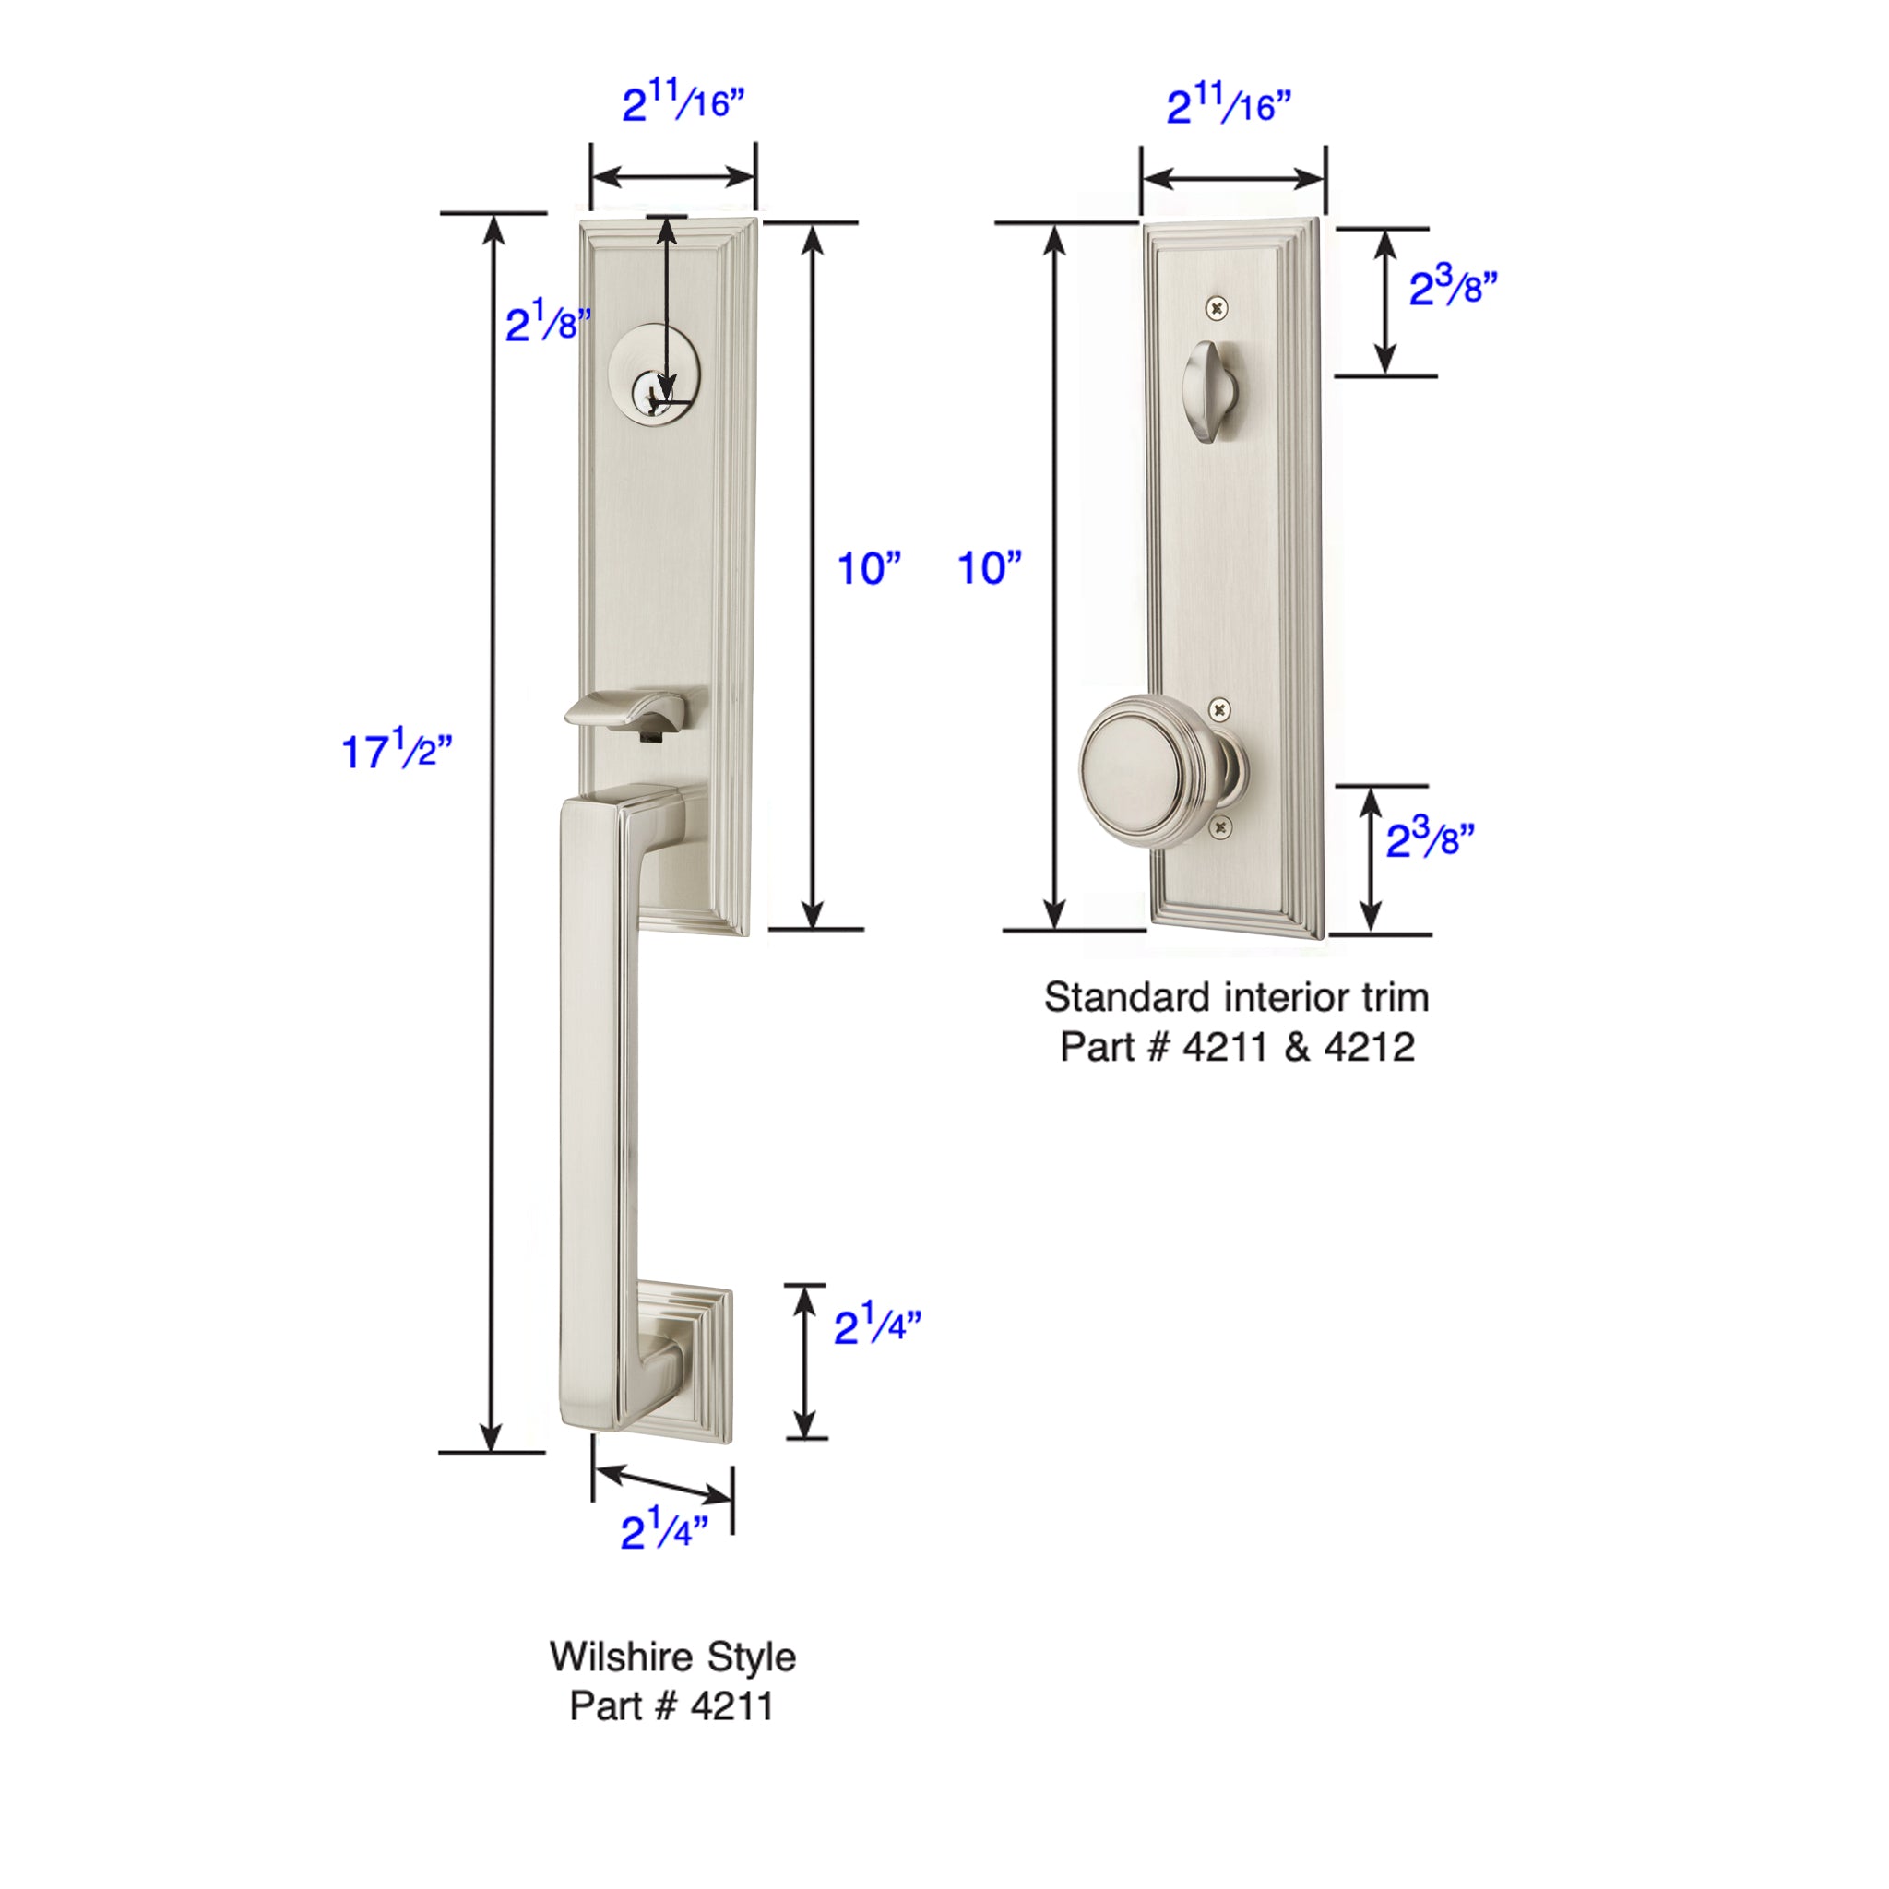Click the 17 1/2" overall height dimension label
(397, 750)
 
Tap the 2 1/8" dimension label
(548, 322)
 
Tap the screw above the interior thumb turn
(1218, 308)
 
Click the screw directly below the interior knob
(1220, 827)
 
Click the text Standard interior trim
(1236, 997)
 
